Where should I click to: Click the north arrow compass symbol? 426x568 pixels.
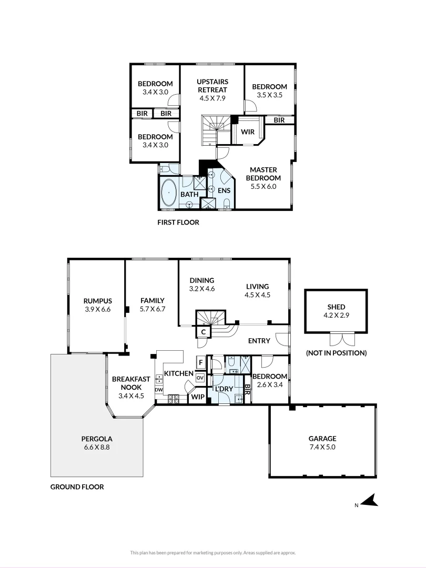[370, 501]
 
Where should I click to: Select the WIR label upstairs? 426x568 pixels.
[248, 132]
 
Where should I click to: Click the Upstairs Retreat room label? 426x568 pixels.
[212, 86]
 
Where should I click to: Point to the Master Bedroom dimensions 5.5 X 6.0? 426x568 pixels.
[263, 187]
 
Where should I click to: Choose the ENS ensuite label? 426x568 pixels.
[224, 190]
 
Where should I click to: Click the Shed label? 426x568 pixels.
[336, 307]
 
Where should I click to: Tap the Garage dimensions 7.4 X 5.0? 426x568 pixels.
[322, 447]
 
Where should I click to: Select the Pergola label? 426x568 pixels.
[97, 439]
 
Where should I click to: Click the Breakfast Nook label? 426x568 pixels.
[131, 383]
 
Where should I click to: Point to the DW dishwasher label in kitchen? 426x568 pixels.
[159, 390]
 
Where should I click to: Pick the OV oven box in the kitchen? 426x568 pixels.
[200, 378]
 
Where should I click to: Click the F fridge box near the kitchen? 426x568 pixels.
[201, 362]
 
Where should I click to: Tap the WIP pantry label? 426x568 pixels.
[198, 397]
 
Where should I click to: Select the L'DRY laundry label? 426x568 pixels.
[224, 389]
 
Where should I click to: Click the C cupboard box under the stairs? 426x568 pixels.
[204, 332]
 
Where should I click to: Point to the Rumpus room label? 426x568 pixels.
[98, 301]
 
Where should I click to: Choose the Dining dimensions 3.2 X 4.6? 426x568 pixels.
[202, 289]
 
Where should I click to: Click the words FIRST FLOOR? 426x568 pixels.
[178, 222]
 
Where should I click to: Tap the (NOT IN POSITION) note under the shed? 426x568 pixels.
[337, 353]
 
